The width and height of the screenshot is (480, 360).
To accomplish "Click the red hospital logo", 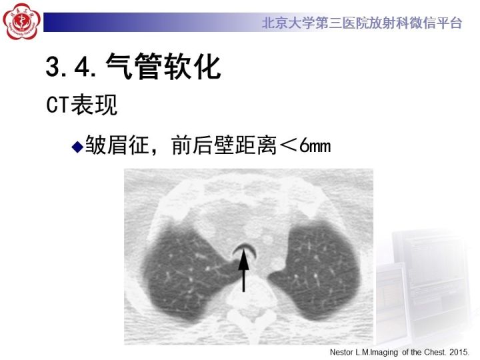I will click(22, 23).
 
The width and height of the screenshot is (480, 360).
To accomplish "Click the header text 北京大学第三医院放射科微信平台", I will click(361, 23).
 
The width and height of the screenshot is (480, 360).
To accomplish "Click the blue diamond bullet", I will click(77, 146).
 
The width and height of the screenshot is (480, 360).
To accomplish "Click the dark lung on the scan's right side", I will click(313, 260).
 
